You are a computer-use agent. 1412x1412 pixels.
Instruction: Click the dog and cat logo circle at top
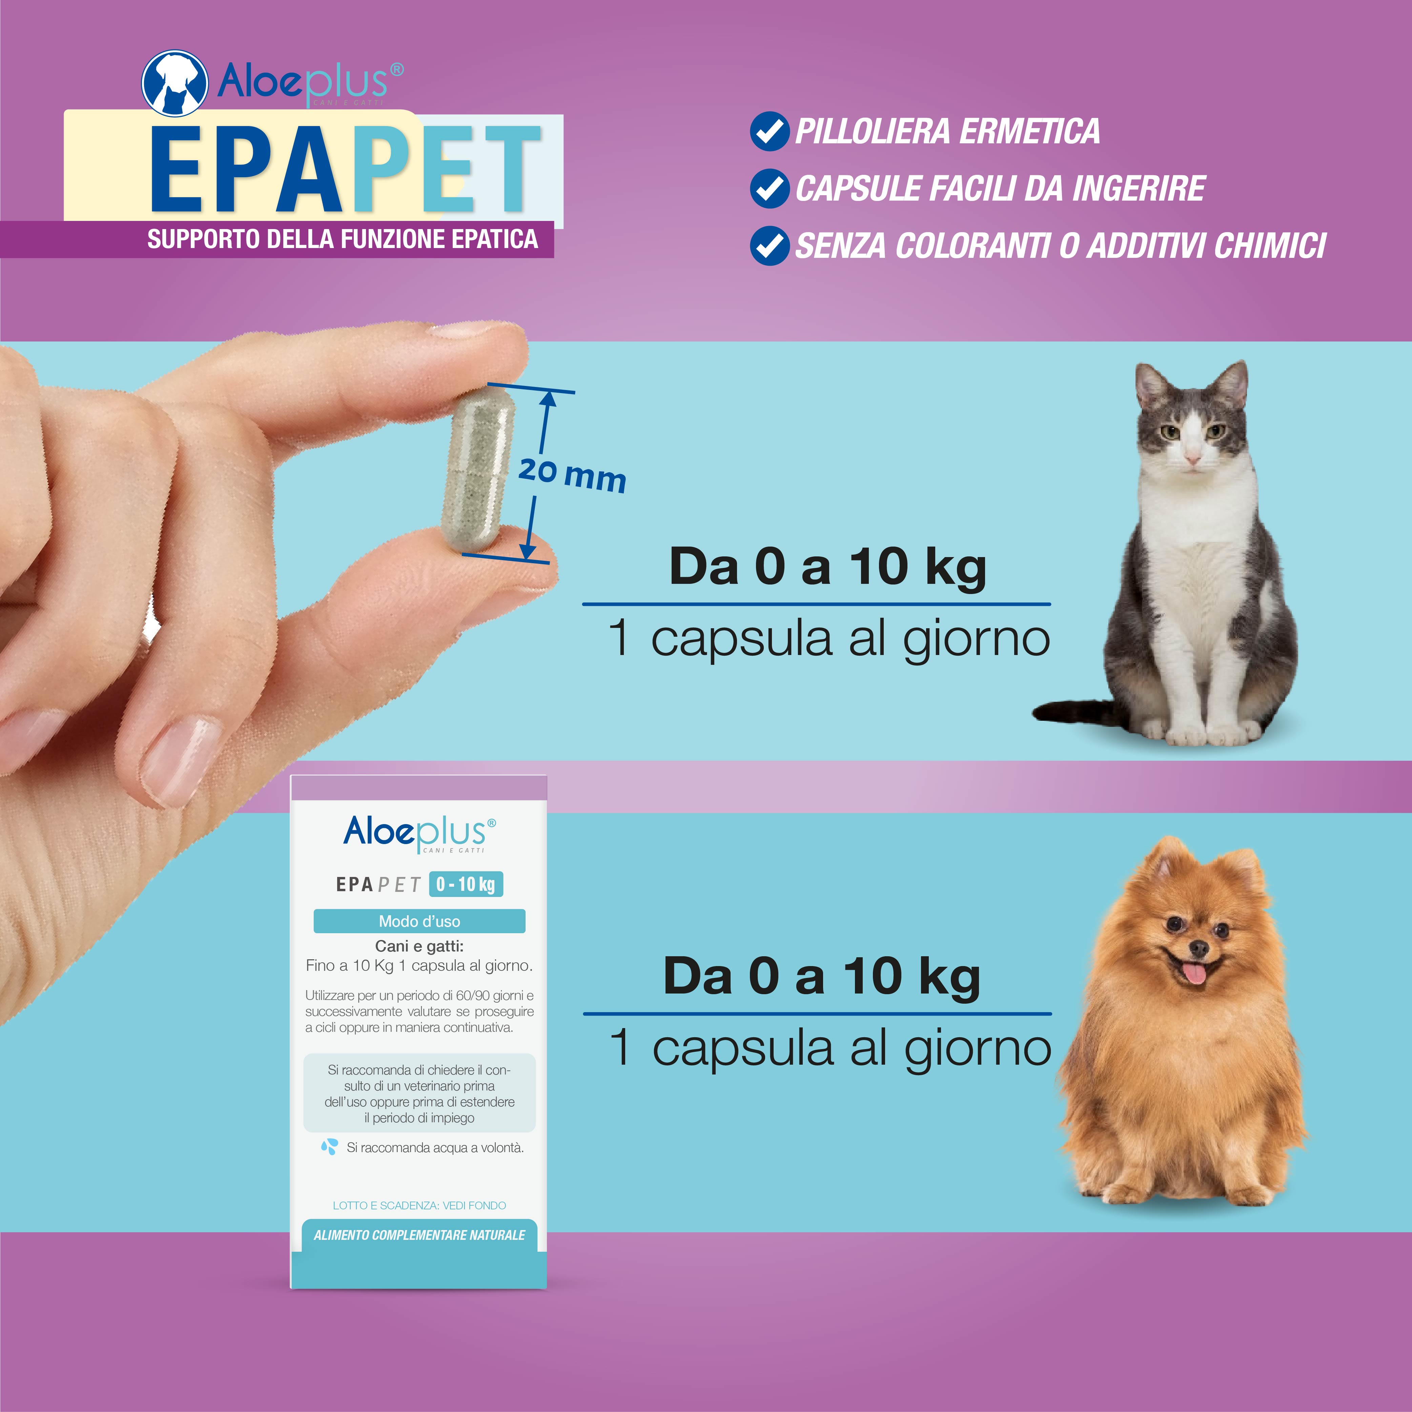tap(174, 83)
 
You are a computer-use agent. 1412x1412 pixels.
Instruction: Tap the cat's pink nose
tap(1192, 458)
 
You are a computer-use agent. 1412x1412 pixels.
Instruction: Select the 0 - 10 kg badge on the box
tap(466, 884)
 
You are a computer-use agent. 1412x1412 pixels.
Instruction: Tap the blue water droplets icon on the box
tap(330, 1147)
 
